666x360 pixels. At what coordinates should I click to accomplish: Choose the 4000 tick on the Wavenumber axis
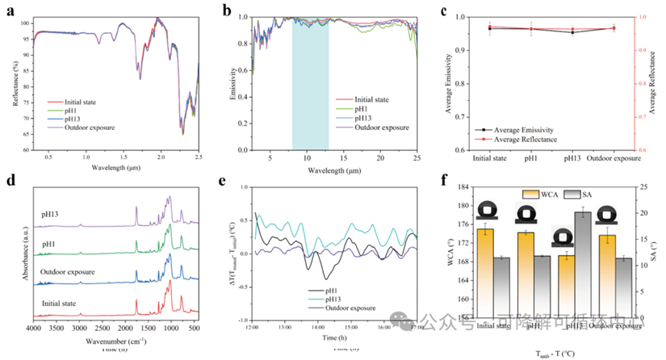(x=33, y=330)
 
